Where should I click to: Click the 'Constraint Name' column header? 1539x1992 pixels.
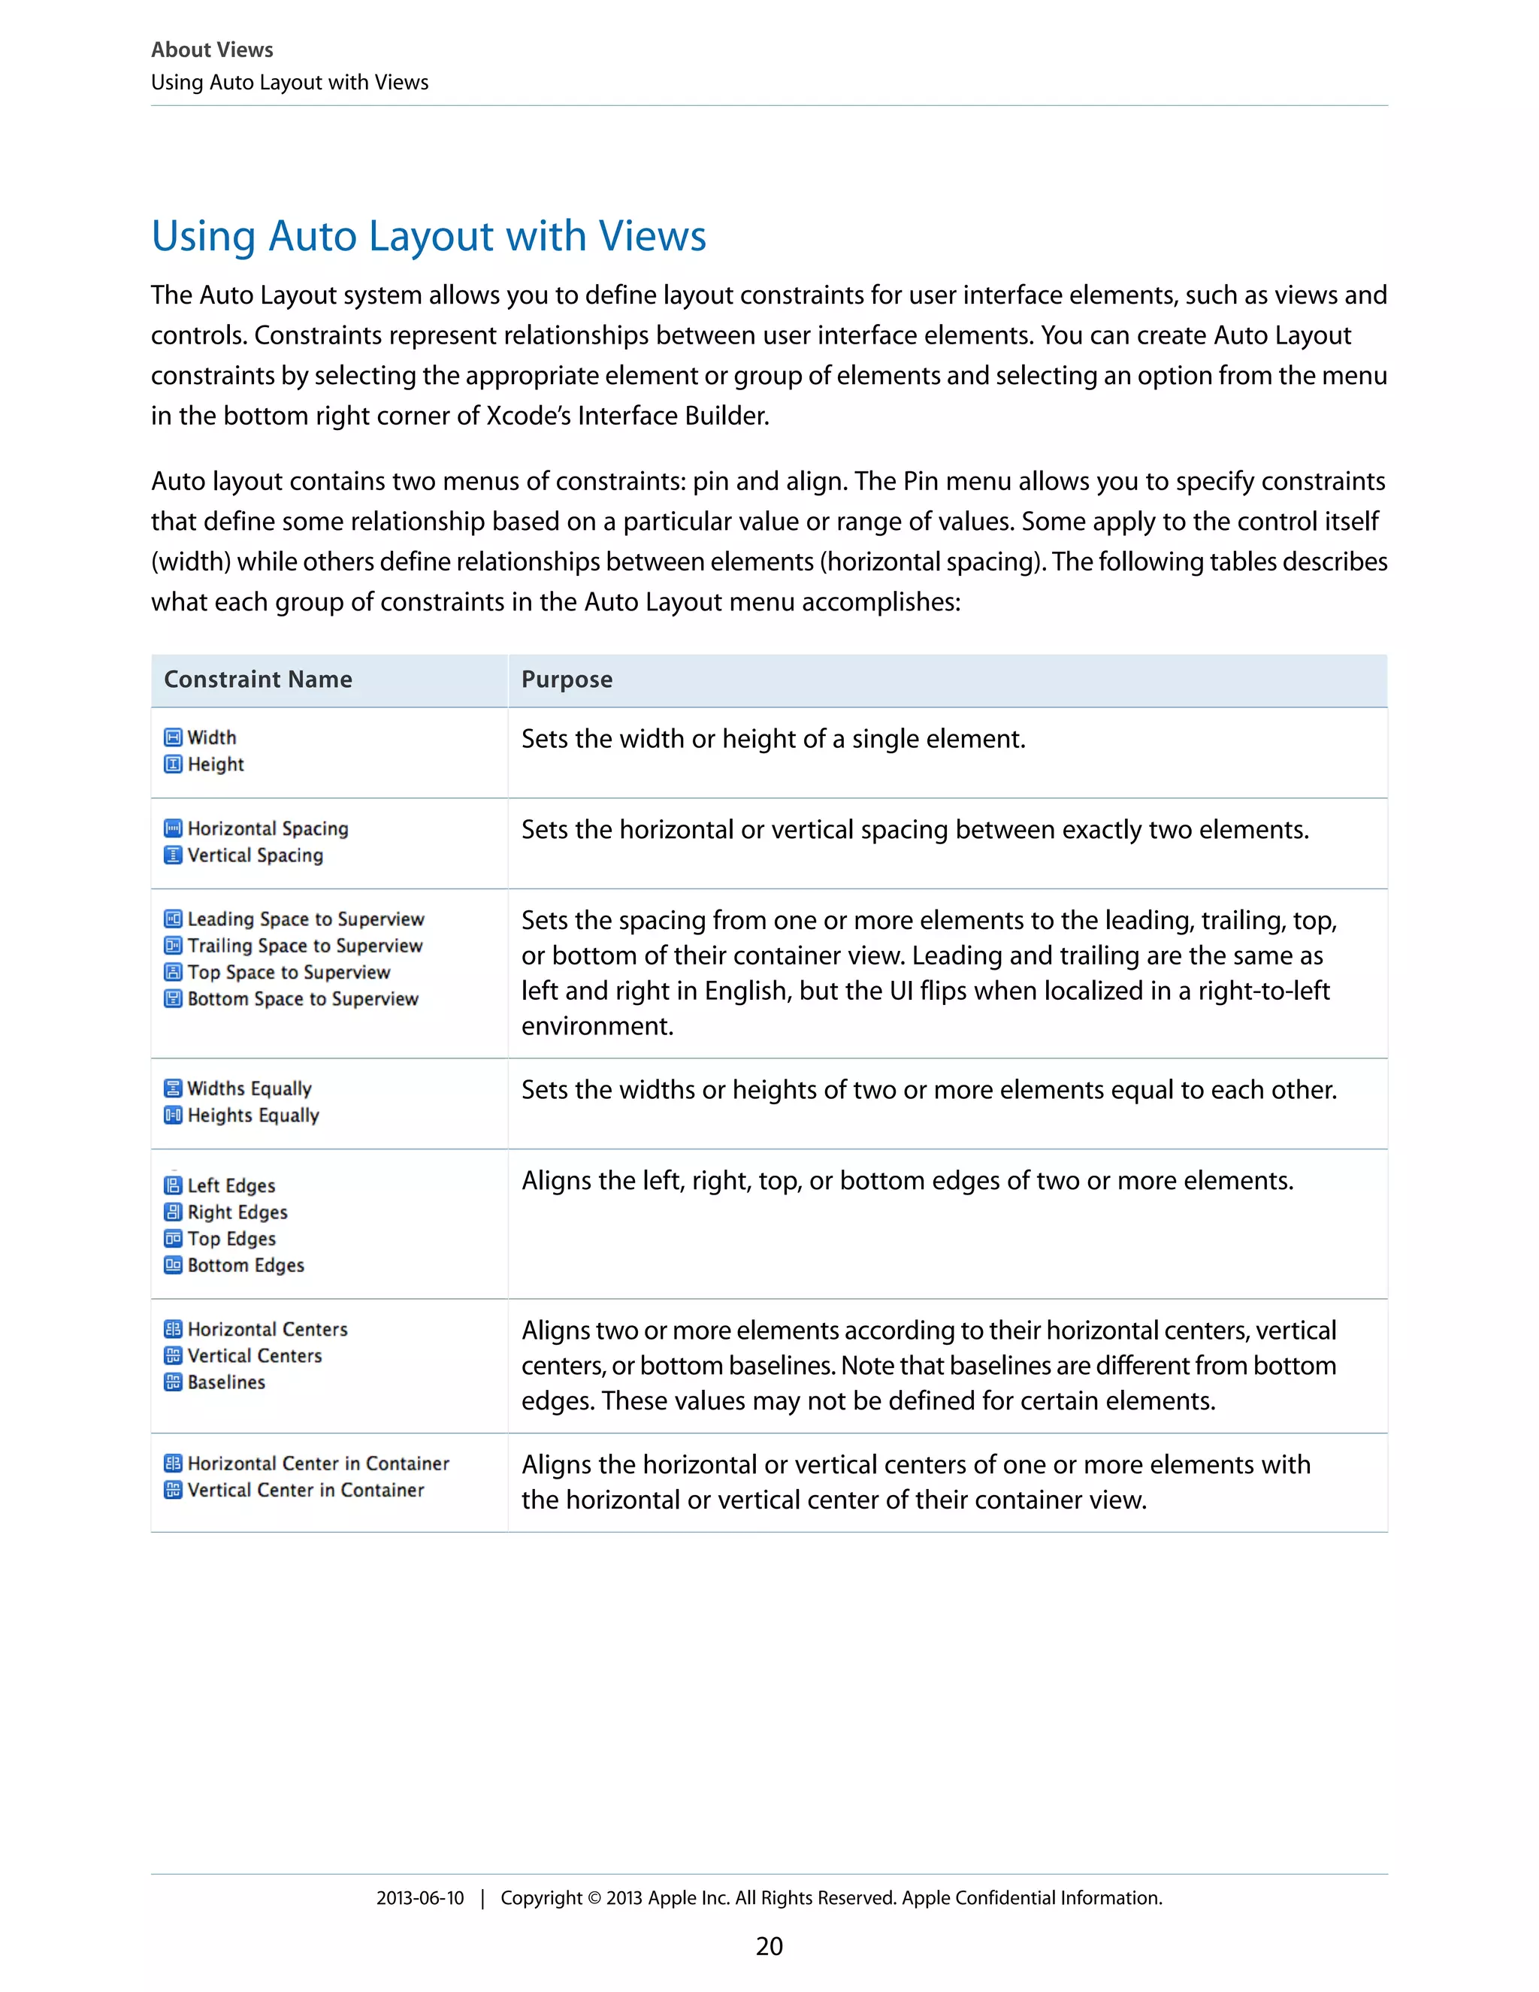pyautogui.click(x=258, y=680)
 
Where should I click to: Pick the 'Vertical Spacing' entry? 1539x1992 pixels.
pyautogui.click(x=255, y=855)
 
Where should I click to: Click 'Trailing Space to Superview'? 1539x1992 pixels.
pyautogui.click(x=304, y=946)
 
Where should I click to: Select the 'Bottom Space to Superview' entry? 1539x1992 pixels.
pyautogui.click(x=303, y=999)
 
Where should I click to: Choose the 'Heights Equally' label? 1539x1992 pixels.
pyautogui.click(x=252, y=1116)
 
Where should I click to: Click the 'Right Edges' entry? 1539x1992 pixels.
pyautogui.click(x=237, y=1212)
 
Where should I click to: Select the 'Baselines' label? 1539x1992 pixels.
pyautogui.click(x=226, y=1382)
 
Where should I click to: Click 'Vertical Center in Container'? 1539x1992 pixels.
pyautogui.click(x=305, y=1491)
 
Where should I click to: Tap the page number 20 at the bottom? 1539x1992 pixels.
pyautogui.click(x=769, y=1946)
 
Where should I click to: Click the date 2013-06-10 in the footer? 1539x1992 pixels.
pyautogui.click(x=420, y=1898)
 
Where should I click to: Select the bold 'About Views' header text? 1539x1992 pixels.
pyautogui.click(x=211, y=50)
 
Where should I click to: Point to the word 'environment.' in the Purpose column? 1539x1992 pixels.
pyautogui.click(x=597, y=1026)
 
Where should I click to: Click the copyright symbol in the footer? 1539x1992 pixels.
pyautogui.click(x=594, y=1898)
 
